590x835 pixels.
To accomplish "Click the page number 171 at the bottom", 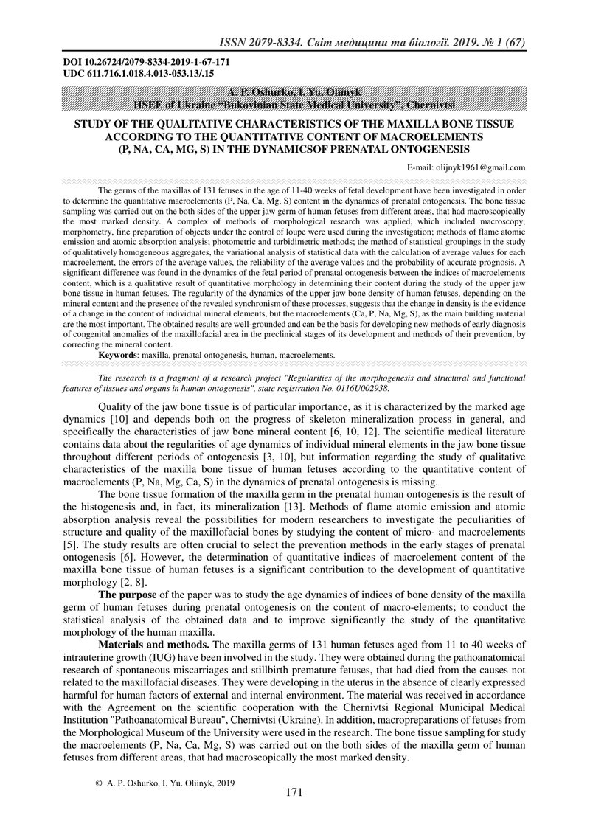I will click(x=294, y=792).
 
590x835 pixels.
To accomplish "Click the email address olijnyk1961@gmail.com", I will click(x=466, y=167).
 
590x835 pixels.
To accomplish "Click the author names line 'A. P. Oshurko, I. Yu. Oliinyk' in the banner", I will click(x=294, y=94).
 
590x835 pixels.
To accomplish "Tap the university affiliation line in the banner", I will click(x=294, y=105).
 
